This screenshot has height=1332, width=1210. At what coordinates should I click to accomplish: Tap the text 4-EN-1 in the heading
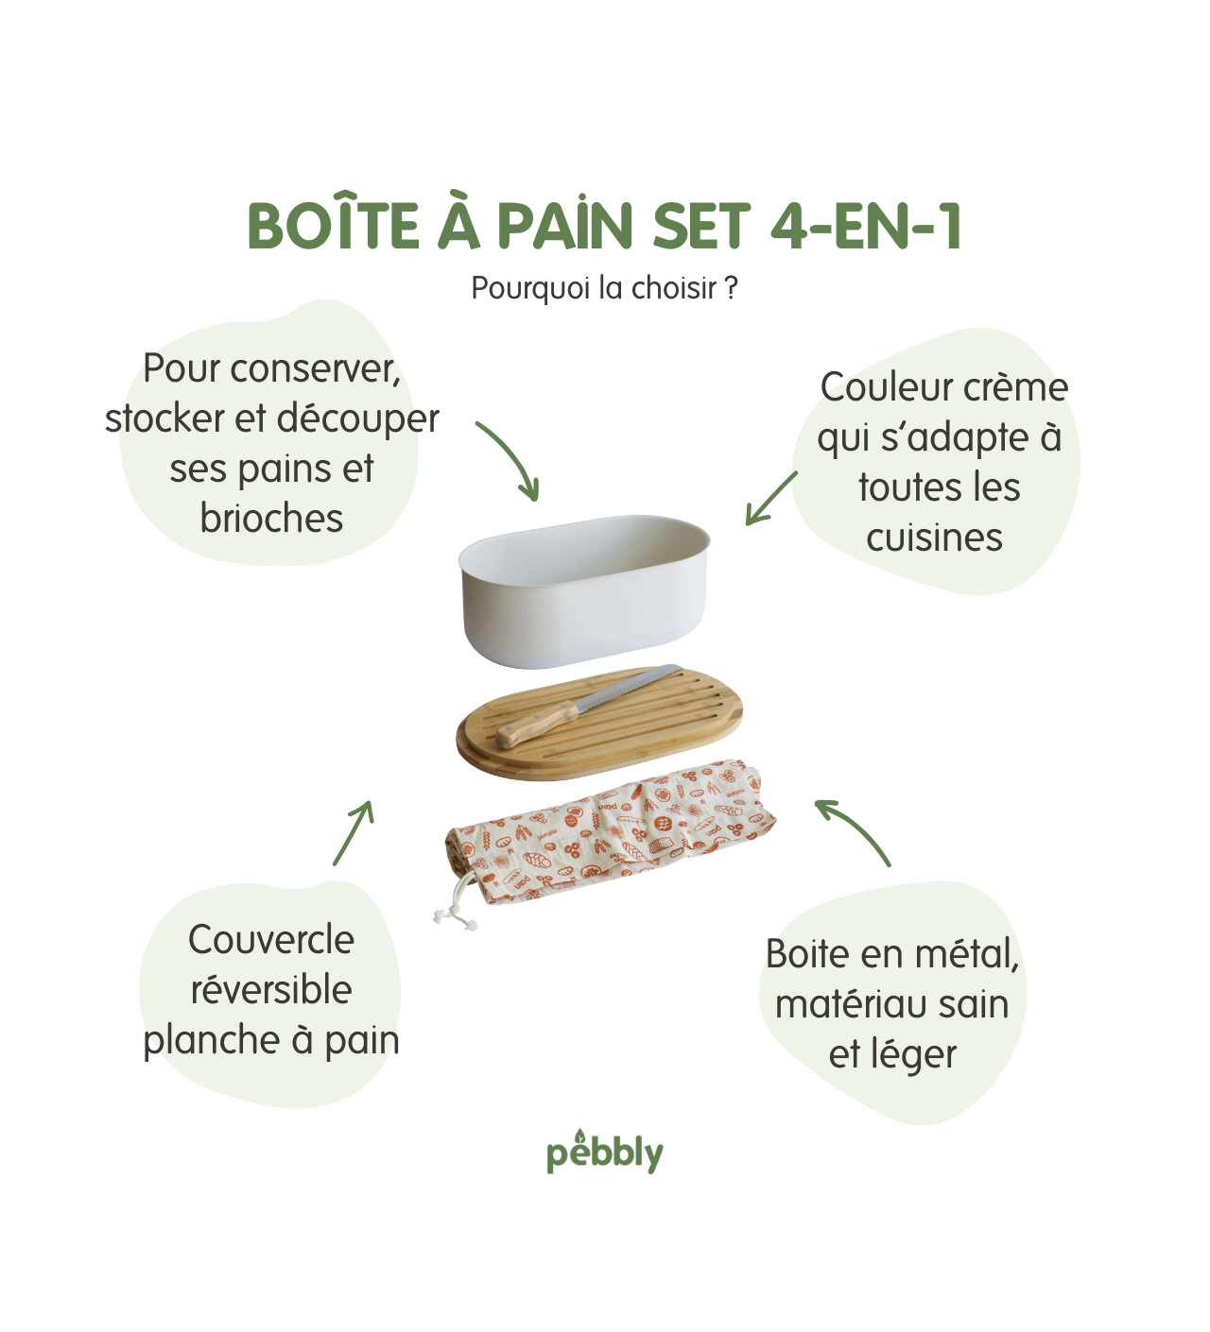click(x=866, y=226)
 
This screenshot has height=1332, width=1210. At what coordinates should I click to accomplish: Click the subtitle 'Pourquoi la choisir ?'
click(x=604, y=288)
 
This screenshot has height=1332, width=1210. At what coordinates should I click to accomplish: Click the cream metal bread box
click(x=583, y=590)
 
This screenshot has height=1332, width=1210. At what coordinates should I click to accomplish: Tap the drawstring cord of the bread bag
click(x=455, y=910)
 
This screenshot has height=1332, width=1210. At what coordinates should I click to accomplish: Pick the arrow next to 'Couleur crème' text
click(x=770, y=499)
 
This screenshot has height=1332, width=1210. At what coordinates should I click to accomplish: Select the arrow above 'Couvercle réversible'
click(x=354, y=832)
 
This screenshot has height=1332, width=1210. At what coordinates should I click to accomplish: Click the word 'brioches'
click(x=271, y=519)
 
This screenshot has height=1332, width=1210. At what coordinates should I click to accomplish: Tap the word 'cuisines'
click(x=934, y=538)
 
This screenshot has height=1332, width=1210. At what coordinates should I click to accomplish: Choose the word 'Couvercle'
click(x=271, y=940)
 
